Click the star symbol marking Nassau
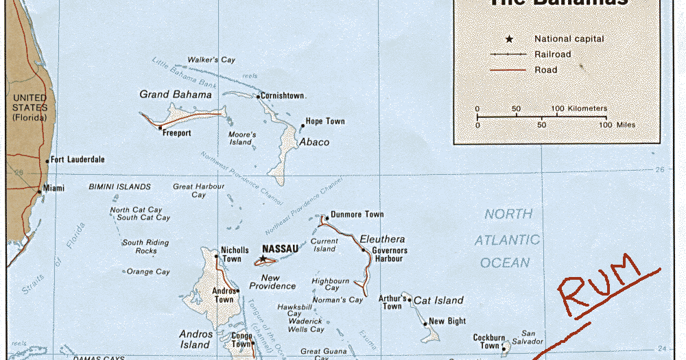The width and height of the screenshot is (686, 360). coord(262,259)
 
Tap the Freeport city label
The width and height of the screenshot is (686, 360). coord(176,133)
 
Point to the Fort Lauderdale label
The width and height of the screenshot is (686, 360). coord(78,159)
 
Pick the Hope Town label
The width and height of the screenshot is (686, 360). coord(325,121)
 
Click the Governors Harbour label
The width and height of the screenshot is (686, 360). coord(390,255)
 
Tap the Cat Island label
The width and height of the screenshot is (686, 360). coord(438,300)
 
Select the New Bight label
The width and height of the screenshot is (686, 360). coord(447,321)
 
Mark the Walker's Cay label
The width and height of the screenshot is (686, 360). coord(211,60)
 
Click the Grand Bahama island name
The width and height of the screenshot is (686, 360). coord(176,95)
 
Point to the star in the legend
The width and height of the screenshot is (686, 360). coord(509,39)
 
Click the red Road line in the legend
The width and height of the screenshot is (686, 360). coord(508,70)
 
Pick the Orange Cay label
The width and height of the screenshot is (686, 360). coord(148,272)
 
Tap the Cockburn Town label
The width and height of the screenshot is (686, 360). coord(489,341)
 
